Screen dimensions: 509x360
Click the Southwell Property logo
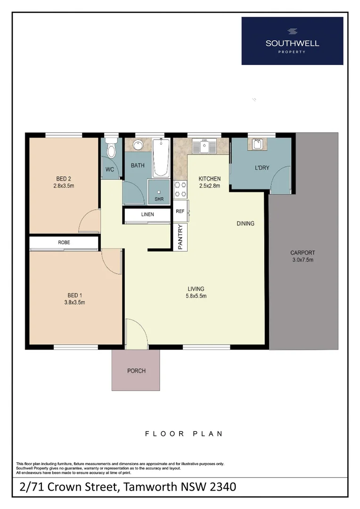pos(292,41)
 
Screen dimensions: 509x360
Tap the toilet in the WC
pos(111,149)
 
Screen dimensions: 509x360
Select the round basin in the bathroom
pos(139,145)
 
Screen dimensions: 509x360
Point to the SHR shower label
pos(159,199)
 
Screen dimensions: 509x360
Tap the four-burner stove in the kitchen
pos(180,189)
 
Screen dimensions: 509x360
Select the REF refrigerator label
pos(180,211)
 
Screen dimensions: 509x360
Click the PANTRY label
pos(180,237)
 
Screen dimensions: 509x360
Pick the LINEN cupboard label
pos(147,215)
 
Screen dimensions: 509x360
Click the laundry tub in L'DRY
pos(257,144)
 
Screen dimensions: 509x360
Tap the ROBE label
pos(64,242)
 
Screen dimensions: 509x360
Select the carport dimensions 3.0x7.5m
pos(303,260)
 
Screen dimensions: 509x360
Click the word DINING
pos(245,223)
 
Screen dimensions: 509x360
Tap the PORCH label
pos(136,371)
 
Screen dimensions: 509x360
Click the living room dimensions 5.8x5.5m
pos(196,296)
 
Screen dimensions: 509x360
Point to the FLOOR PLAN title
pos(184,434)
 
